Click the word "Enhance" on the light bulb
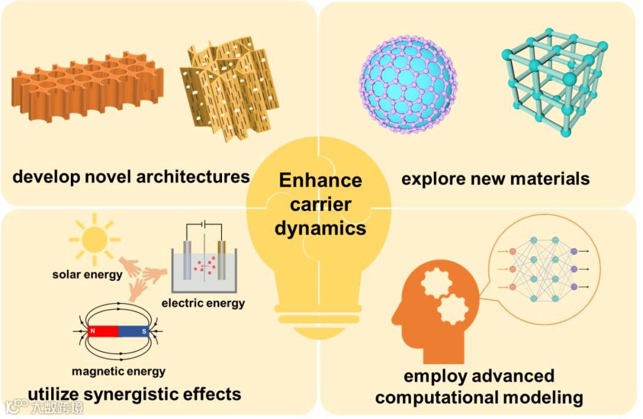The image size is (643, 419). [x=320, y=180]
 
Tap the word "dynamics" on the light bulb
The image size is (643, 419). [x=320, y=229]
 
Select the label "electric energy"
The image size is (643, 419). [x=203, y=304]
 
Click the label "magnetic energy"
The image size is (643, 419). [x=118, y=371]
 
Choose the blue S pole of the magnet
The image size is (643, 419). [x=134, y=332]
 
